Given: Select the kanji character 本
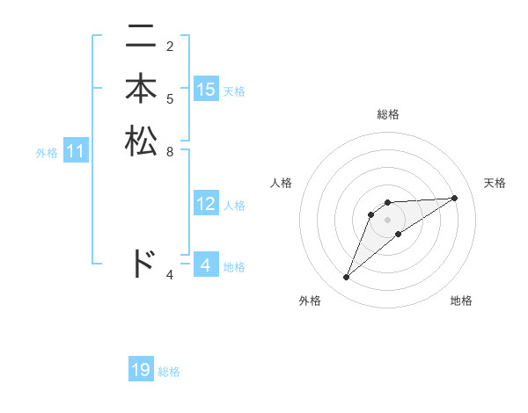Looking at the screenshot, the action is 141,90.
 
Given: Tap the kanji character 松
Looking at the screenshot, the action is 141,141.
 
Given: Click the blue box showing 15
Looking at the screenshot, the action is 206,90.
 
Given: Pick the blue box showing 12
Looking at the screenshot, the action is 206,205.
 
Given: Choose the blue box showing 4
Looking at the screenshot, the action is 206,265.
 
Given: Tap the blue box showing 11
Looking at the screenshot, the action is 76,152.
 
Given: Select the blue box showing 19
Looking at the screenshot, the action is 141,371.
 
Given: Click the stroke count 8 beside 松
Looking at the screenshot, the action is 170,151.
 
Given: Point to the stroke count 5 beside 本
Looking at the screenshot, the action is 170,98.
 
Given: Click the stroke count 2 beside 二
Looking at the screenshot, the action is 170,46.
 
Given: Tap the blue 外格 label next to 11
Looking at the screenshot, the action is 47,153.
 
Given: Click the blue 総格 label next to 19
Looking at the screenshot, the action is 169,372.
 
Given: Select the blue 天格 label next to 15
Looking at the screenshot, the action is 234,91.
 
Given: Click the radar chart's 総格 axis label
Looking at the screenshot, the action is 388,114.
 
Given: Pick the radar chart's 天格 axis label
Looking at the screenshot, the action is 495,183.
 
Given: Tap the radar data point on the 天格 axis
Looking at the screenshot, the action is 455,198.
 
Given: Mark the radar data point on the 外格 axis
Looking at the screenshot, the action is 347,278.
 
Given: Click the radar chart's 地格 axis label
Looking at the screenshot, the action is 461,301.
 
